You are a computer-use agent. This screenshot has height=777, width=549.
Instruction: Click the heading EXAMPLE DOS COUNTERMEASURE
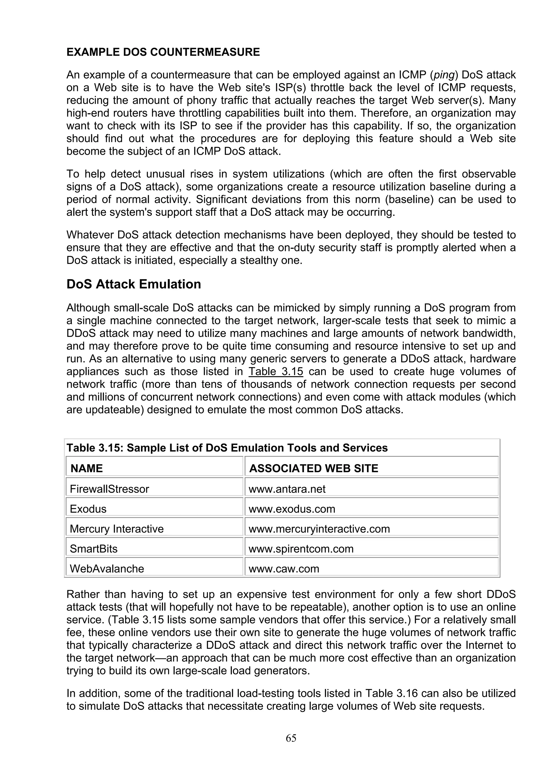coord(163,52)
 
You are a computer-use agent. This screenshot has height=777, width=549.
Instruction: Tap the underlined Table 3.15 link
coord(276,372)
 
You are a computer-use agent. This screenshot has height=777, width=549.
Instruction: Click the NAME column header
coord(87,468)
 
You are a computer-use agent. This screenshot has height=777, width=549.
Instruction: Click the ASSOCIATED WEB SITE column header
coord(314,468)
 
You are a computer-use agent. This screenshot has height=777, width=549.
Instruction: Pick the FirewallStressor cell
coord(109,489)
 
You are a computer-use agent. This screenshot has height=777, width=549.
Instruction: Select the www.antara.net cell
coord(287,489)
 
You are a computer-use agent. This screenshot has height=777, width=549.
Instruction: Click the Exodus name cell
coord(88,509)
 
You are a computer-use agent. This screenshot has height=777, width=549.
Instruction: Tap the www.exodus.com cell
coord(292,509)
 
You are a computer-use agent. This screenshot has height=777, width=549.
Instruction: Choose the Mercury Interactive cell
coord(117,529)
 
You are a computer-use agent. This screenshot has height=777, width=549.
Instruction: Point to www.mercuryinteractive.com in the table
coord(319,529)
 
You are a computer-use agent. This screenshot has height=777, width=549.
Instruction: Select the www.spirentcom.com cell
coord(301,549)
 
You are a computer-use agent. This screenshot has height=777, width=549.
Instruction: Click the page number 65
coord(291,738)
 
